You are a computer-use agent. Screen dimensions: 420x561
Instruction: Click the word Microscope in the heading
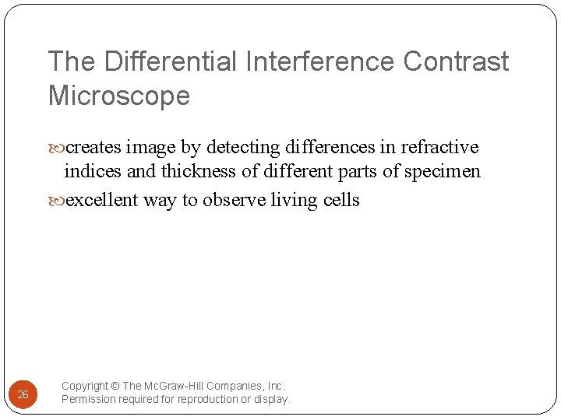pos(119,96)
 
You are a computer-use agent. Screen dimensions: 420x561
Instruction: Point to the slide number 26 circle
pos(23,394)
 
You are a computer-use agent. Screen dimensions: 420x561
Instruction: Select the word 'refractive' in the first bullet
pos(439,147)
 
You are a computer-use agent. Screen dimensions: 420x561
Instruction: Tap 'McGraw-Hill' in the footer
pos(173,386)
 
